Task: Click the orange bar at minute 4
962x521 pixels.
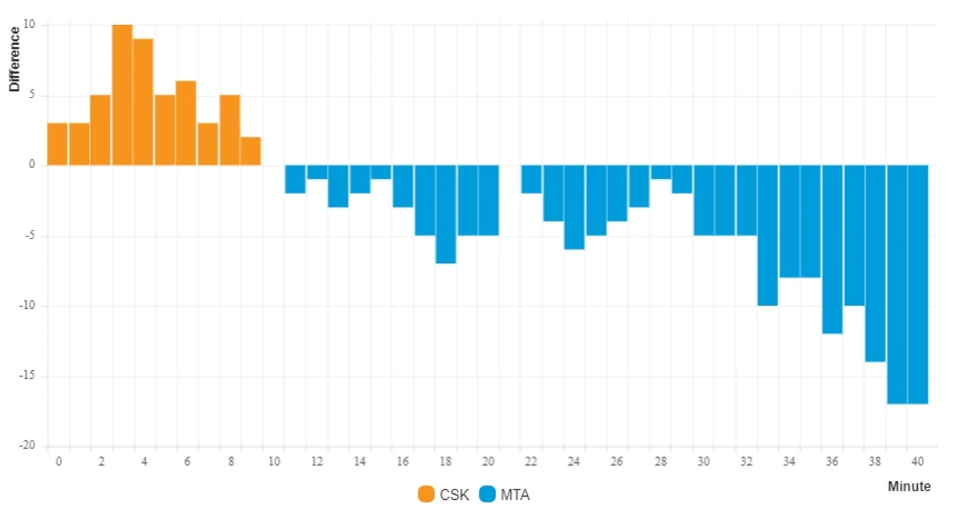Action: coord(143,102)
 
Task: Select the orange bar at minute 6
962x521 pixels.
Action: coord(186,123)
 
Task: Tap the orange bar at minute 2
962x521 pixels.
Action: coord(100,130)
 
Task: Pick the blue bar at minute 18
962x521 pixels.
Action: coord(445,214)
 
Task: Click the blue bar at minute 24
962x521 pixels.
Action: coord(574,207)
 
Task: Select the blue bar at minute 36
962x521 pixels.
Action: coord(832,249)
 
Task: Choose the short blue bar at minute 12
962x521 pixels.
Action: coord(317,172)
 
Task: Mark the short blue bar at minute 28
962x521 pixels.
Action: coord(661,172)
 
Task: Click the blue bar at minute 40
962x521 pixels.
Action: coord(918,285)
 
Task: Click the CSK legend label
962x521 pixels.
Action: coord(455,495)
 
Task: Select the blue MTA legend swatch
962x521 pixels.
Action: coord(488,495)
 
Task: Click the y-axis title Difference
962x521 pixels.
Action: coord(14,59)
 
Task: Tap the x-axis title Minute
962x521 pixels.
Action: coord(909,487)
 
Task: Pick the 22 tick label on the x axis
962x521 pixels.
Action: coord(531,462)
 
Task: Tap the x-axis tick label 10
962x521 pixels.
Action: coord(274,462)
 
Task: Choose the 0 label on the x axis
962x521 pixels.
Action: coord(59,462)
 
